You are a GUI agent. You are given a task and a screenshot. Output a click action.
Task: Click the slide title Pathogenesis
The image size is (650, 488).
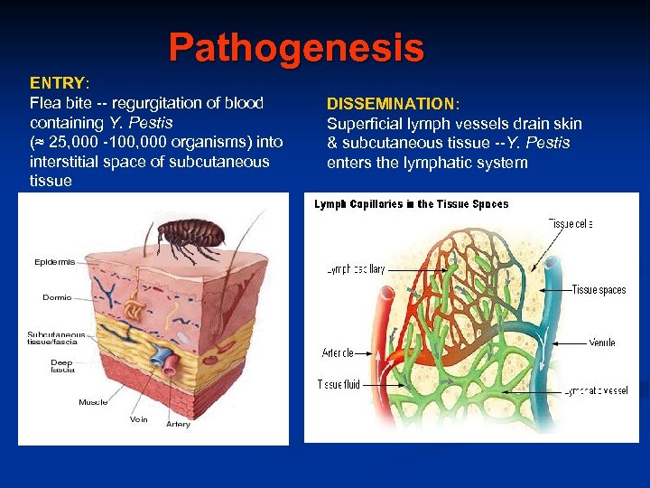point(295,48)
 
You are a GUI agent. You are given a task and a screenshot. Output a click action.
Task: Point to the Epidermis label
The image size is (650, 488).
point(55,262)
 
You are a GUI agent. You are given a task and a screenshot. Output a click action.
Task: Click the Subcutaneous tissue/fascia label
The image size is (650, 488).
point(52,338)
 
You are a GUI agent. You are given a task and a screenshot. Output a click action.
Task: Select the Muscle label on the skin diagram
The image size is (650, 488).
point(93,402)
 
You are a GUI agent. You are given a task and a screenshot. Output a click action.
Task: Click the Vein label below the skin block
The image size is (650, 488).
point(139,419)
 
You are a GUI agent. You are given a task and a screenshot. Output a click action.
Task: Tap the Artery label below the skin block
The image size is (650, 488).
point(178,424)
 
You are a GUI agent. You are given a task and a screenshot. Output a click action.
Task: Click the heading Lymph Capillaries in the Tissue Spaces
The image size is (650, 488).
point(411,204)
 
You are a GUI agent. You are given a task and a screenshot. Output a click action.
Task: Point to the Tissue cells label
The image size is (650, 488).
point(571,224)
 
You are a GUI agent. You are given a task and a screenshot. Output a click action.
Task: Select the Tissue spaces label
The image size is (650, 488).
point(599,290)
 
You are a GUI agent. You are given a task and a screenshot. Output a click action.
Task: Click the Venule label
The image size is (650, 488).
point(602,343)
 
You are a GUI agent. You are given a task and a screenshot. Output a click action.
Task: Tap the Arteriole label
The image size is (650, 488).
point(338,352)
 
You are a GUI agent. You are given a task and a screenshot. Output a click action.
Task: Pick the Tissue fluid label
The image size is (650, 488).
point(339,384)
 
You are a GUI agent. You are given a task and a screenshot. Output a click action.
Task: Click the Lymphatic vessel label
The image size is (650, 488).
point(596,390)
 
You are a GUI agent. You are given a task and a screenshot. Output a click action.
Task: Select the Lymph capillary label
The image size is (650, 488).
point(356,269)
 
